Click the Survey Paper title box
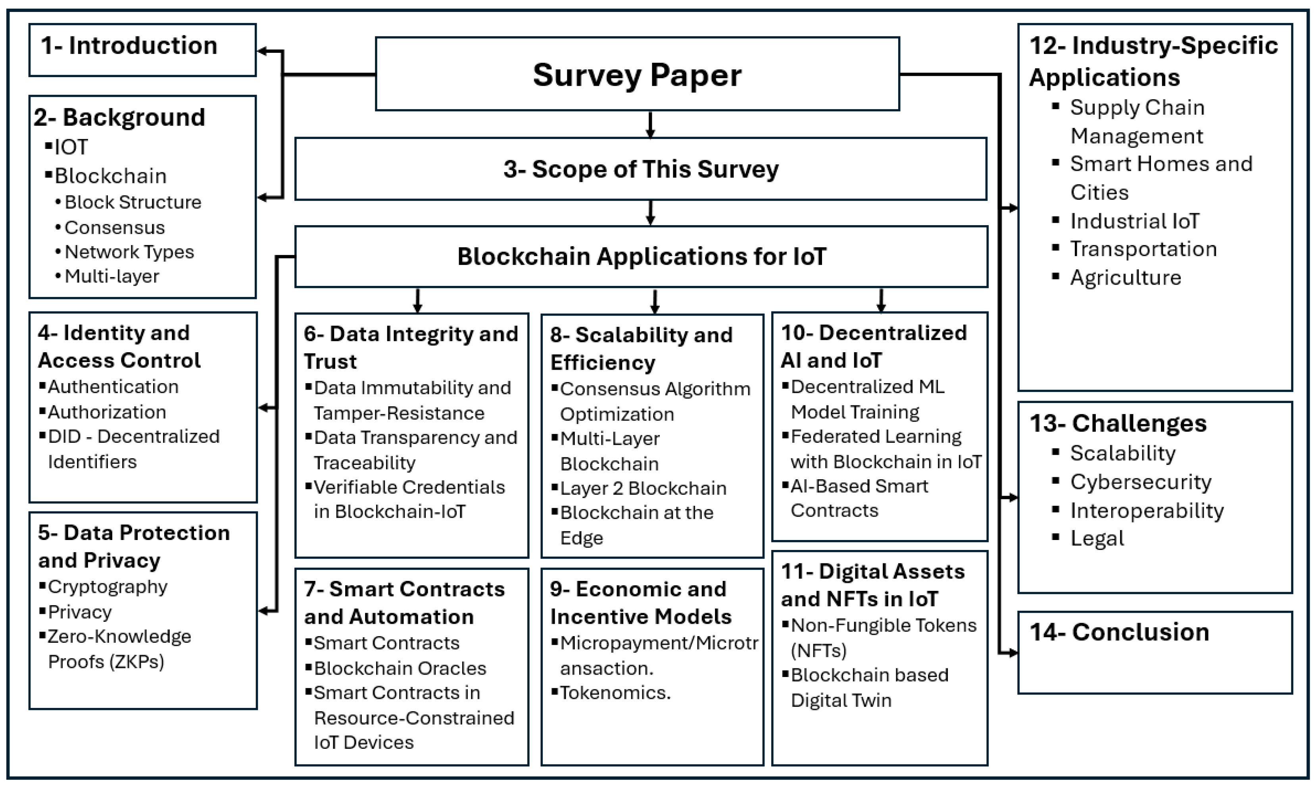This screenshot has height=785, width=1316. [637, 74]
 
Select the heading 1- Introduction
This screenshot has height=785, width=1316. [129, 46]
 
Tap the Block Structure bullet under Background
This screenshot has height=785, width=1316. [132, 202]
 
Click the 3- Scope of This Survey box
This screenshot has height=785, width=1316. [641, 169]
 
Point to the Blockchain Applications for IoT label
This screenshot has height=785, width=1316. [641, 257]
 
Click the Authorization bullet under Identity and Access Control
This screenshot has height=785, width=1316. [107, 412]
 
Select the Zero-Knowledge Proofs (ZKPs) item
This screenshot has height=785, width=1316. [119, 648]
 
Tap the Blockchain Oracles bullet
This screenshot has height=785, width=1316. [400, 668]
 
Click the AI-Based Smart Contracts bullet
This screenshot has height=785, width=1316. [859, 498]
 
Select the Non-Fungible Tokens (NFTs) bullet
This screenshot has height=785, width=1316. [883, 637]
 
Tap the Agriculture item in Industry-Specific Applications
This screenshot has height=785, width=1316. [1125, 278]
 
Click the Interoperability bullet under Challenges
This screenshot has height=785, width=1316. [1146, 511]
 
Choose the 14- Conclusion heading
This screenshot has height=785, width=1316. [1119, 632]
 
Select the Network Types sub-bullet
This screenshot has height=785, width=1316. [129, 252]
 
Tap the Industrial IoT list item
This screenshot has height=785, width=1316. [1134, 221]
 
